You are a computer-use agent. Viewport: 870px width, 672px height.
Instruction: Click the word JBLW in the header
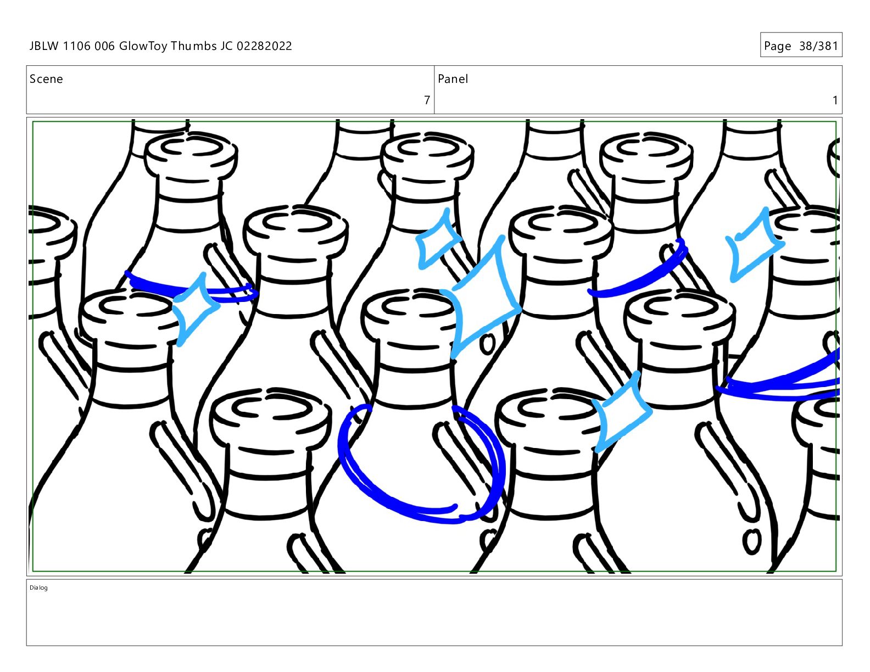(x=44, y=46)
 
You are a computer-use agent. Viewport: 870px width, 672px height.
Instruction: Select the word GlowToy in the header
(x=143, y=47)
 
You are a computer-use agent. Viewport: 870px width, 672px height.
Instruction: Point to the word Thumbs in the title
(x=194, y=46)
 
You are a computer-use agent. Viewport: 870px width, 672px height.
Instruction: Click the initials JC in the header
(x=226, y=46)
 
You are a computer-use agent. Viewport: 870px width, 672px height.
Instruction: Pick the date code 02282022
(x=264, y=46)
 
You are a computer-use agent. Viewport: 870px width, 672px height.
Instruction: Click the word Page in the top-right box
(x=778, y=47)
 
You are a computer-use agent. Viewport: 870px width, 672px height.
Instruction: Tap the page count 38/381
(x=818, y=46)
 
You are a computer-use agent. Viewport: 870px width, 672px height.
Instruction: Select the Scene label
(x=46, y=79)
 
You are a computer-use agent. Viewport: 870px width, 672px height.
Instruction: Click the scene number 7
(x=427, y=100)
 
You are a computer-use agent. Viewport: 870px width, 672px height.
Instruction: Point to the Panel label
(x=453, y=79)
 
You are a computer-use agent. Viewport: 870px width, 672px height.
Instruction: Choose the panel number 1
(x=835, y=100)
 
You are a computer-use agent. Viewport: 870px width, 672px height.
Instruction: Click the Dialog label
(x=38, y=587)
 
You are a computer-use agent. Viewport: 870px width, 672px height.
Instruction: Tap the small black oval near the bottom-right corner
(x=751, y=541)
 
